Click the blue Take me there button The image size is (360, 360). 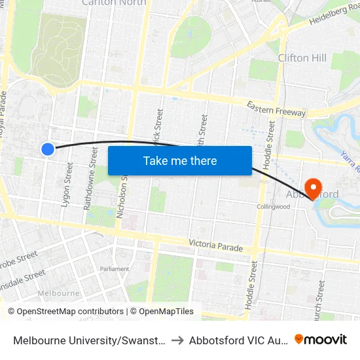[x=180, y=160]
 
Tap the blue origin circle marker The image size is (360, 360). [x=48, y=149]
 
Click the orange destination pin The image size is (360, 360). [x=313, y=189]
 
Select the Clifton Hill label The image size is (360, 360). [x=302, y=58]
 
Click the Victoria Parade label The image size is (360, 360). [x=216, y=245]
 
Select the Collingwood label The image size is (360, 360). [x=273, y=207]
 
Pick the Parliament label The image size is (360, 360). [x=115, y=269]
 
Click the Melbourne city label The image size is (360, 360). [x=59, y=293]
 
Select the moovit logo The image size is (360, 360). [x=321, y=339]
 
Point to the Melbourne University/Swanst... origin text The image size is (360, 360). [x=88, y=340]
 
